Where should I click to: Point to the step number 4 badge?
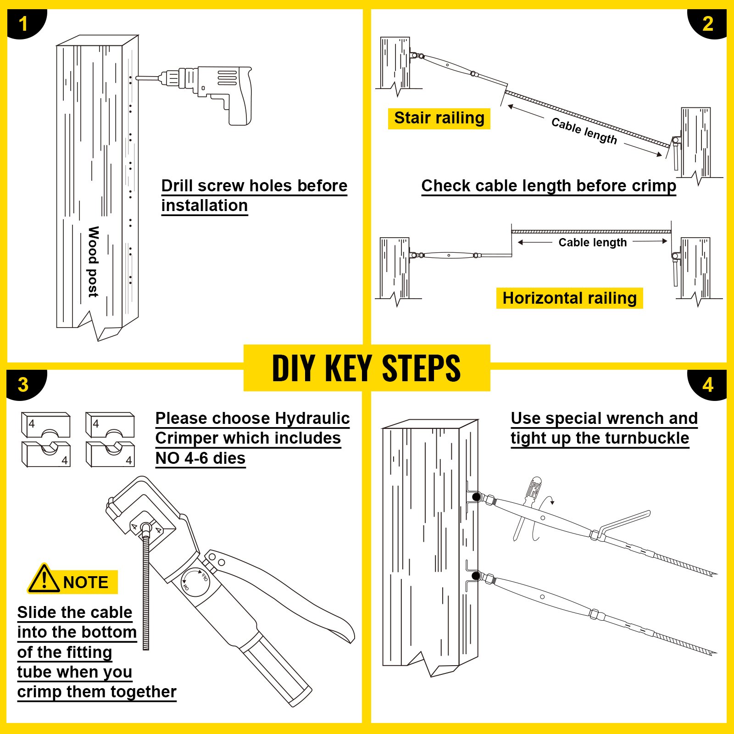[x=708, y=384]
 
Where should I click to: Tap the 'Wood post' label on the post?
[x=93, y=261]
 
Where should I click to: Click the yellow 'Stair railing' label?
[x=439, y=118]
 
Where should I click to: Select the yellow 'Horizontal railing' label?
[x=569, y=298]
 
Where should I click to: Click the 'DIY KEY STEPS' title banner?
[x=367, y=368]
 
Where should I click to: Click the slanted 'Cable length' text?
[x=584, y=131]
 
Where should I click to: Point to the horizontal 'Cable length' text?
[x=592, y=242]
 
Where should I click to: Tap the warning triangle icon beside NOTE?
[x=44, y=579]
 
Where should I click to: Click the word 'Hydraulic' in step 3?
[x=312, y=418]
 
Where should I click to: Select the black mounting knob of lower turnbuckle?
[x=476, y=575]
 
